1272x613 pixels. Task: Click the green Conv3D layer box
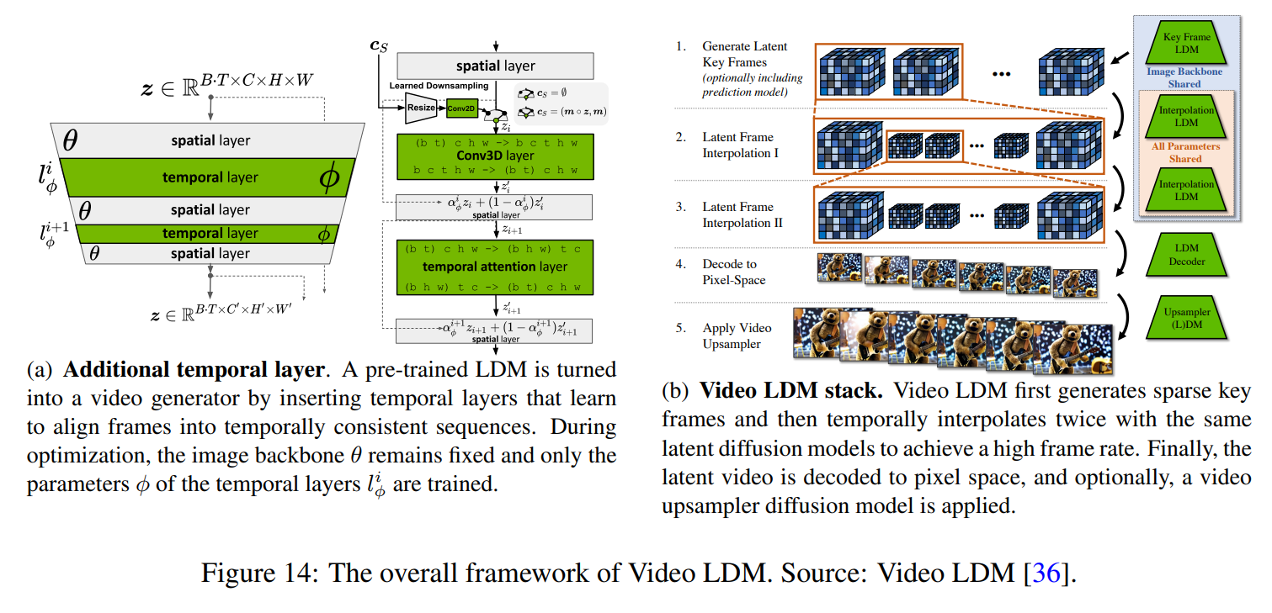pos(495,156)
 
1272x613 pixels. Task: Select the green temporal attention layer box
pos(495,267)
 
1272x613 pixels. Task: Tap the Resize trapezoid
pos(420,108)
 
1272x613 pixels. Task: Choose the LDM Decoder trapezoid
pos(1187,256)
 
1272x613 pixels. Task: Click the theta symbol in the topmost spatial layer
pos(71,140)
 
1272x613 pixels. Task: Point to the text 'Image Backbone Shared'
pos(1184,78)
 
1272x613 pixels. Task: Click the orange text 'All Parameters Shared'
pos(1185,152)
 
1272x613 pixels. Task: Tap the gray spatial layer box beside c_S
pos(495,66)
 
